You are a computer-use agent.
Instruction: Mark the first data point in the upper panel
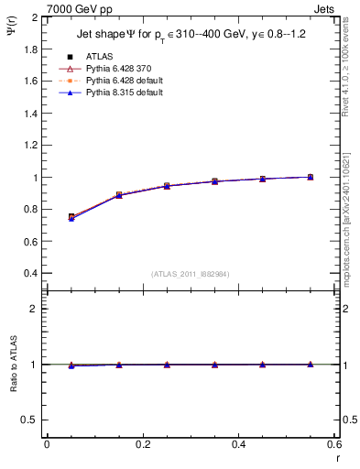tap(71, 217)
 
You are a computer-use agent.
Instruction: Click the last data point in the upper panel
tap(310, 177)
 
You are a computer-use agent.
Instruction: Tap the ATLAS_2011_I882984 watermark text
tap(191, 274)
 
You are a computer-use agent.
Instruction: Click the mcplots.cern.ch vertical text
tap(351, 220)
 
